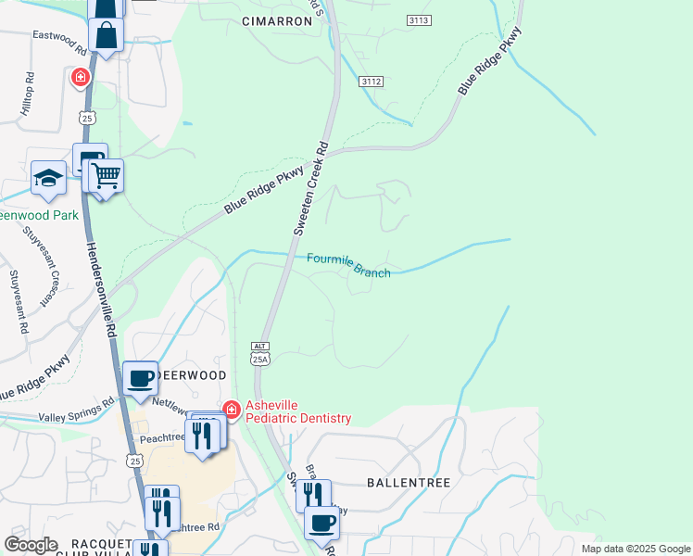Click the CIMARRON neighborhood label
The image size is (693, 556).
click(x=277, y=20)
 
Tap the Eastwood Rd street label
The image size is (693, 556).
click(x=57, y=35)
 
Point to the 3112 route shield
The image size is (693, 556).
click(x=372, y=82)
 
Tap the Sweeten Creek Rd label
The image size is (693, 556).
click(x=310, y=187)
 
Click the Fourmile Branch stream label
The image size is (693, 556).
click(x=348, y=265)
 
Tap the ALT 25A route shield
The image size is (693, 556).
click(x=259, y=353)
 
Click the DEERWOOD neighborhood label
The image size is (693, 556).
click(x=195, y=374)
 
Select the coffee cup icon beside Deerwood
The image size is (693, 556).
click(x=140, y=377)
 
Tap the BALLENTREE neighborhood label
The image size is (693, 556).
click(x=409, y=483)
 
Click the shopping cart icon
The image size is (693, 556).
click(x=106, y=174)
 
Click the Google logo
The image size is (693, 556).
click(x=31, y=544)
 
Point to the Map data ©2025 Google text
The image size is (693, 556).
click(x=635, y=549)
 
